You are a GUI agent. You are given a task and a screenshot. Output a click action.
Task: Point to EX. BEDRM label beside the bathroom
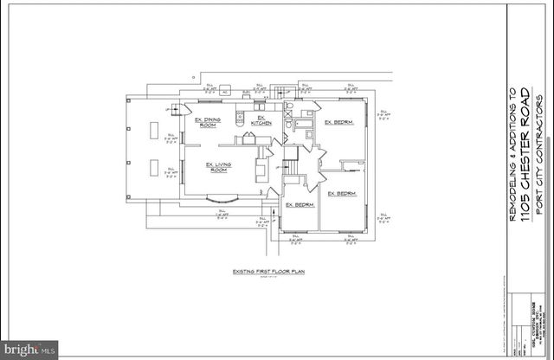click(x=338, y=122)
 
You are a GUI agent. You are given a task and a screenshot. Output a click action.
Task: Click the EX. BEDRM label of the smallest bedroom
click(x=299, y=205)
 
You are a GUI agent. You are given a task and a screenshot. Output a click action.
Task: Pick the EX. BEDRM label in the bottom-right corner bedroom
click(x=343, y=193)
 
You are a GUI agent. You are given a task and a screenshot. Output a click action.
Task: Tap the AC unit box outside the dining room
click(x=225, y=91)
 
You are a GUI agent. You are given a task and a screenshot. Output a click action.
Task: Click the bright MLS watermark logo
click(x=29, y=350)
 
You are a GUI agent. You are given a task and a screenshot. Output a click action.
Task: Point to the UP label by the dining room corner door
click(x=166, y=111)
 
